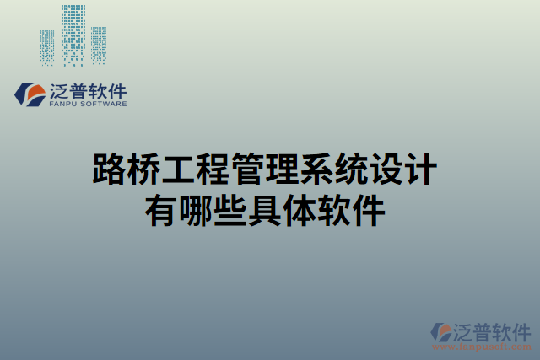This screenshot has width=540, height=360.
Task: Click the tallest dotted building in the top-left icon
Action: click(73, 34)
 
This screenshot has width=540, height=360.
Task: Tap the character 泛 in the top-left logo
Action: click(62, 90)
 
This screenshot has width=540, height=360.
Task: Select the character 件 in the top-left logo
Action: click(116, 90)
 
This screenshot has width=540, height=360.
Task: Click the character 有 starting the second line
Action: click(160, 207)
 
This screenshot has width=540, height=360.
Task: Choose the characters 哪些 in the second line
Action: click(212, 207)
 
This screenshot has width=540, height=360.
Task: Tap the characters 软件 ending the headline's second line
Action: click(350, 207)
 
